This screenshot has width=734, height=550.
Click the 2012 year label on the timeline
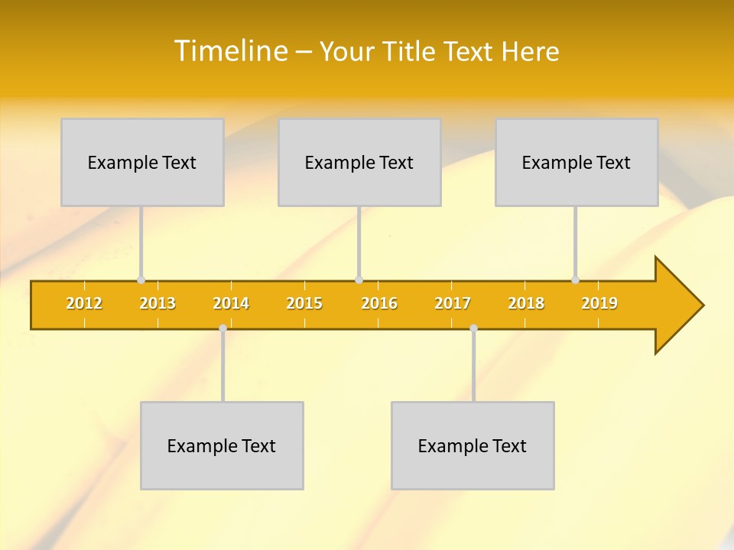coord(84,303)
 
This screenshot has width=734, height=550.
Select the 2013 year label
coord(158,303)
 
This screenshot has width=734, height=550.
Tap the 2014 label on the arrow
coord(231,303)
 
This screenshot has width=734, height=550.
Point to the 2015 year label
coord(304,303)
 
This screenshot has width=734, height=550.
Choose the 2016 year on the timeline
coord(379,303)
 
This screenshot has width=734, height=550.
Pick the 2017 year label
coord(453,303)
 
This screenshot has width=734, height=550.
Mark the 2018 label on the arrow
coord(526,303)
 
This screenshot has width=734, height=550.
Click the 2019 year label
coord(599,303)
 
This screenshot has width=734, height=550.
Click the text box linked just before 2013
coord(142,162)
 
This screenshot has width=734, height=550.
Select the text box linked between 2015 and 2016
coord(359,162)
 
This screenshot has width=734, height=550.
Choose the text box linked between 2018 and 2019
coord(576,162)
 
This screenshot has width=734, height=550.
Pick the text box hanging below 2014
coord(222,445)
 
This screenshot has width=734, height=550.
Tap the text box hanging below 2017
coord(473,445)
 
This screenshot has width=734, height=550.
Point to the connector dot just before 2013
coord(141,280)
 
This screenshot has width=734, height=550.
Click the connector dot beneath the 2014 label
coord(222,328)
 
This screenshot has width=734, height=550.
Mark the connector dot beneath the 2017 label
coord(473,328)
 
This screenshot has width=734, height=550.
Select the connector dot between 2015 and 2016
coord(359,280)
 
